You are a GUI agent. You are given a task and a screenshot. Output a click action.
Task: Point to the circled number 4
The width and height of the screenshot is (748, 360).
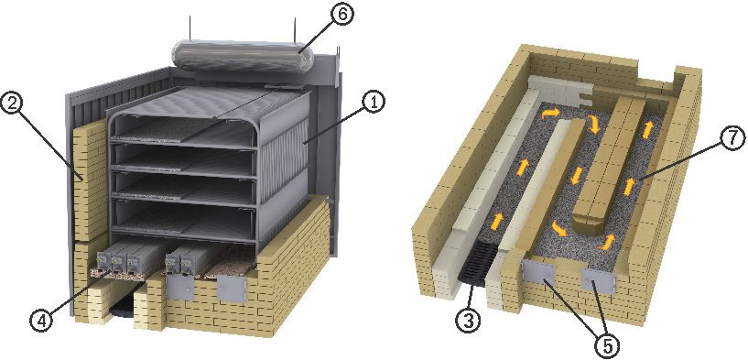(x=40, y=322)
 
